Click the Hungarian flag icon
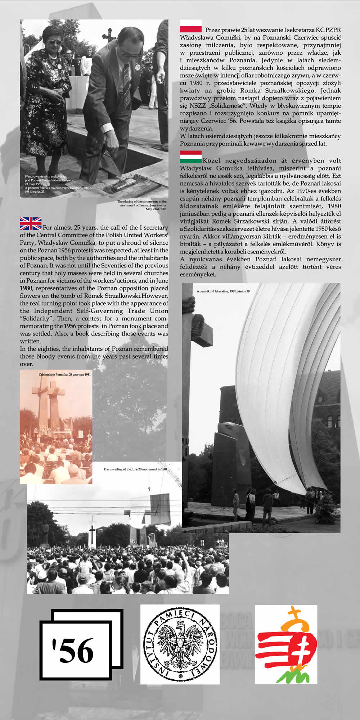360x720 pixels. click(190, 157)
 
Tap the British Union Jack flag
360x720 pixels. click(31, 224)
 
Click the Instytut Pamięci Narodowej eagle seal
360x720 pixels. click(180, 644)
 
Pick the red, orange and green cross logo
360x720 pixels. click(286, 644)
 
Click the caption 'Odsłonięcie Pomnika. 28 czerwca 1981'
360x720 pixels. click(64, 375)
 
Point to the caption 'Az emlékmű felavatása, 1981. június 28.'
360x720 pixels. click(223, 291)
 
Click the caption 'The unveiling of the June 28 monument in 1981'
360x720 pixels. click(135, 469)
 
